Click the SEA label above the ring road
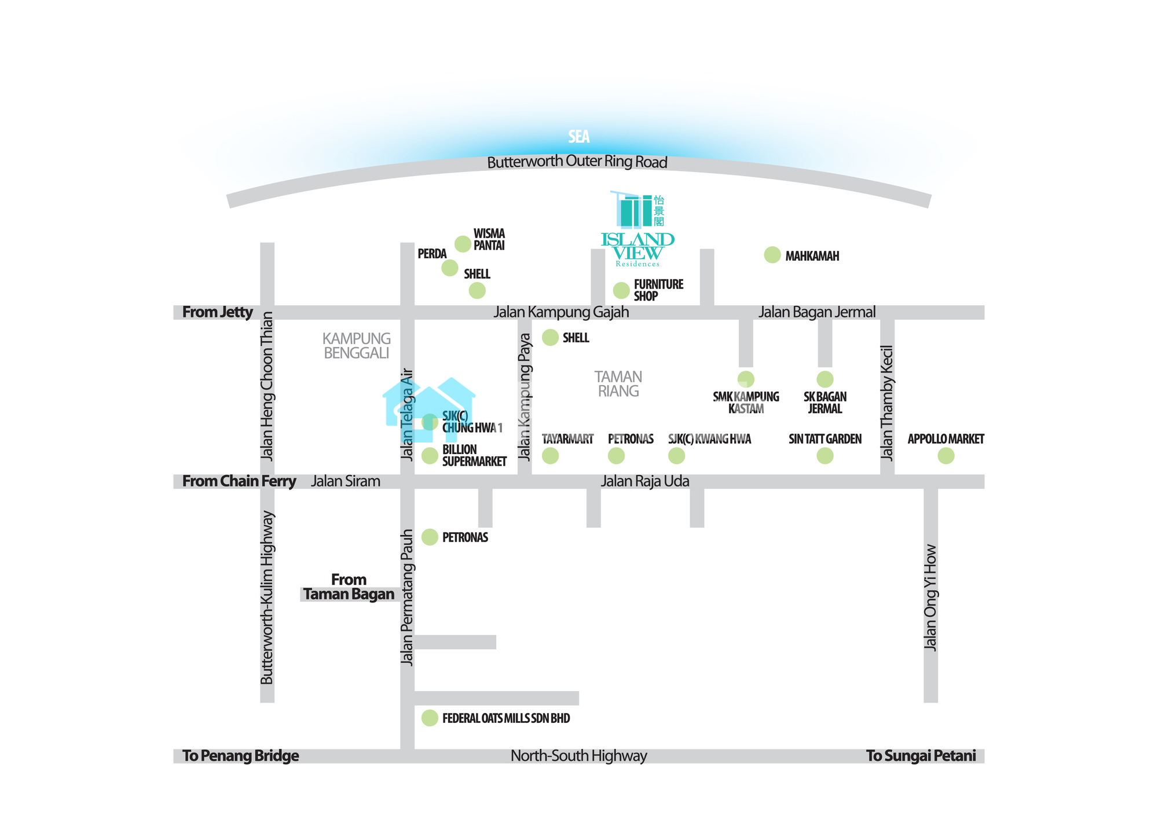(x=578, y=137)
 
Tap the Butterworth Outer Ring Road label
(x=577, y=162)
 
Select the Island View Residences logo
(x=637, y=229)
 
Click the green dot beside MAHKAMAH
(x=772, y=255)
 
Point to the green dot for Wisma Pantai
(x=463, y=244)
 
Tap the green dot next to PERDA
(x=450, y=268)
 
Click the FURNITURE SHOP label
(x=658, y=290)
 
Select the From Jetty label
(x=218, y=312)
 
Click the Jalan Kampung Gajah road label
(x=560, y=312)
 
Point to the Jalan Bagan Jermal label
(x=817, y=312)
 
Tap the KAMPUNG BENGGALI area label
(x=356, y=346)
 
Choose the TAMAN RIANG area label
(x=618, y=384)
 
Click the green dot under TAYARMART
(x=550, y=456)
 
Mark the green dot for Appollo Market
(x=946, y=456)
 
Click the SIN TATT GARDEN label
(x=824, y=439)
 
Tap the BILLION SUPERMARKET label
(x=474, y=456)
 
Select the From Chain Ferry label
(x=239, y=481)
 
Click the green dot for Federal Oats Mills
(x=430, y=718)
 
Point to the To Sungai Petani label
(x=921, y=756)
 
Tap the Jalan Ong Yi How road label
(x=930, y=597)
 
